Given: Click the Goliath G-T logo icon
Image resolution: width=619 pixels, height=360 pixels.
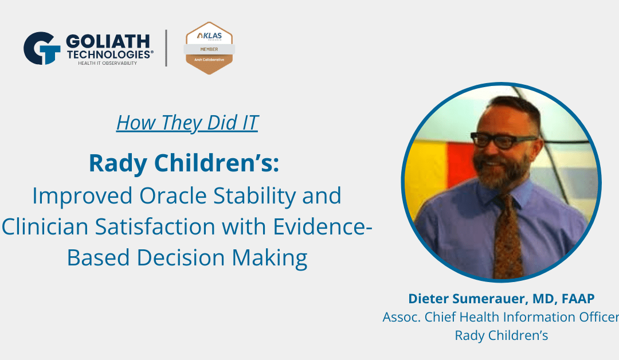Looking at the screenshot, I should pyautogui.click(x=42, y=48).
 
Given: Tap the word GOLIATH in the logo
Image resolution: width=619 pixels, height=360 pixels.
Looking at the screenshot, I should pyautogui.click(x=107, y=41).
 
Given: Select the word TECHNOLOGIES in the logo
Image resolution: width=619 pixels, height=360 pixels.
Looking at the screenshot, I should pyautogui.click(x=109, y=53).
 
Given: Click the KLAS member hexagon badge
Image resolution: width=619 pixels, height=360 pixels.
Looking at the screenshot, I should pyautogui.click(x=209, y=48).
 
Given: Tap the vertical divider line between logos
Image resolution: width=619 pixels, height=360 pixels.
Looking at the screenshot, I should pyautogui.click(x=166, y=48).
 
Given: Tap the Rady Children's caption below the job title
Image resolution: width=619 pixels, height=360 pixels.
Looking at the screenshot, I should pyautogui.click(x=502, y=335).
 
